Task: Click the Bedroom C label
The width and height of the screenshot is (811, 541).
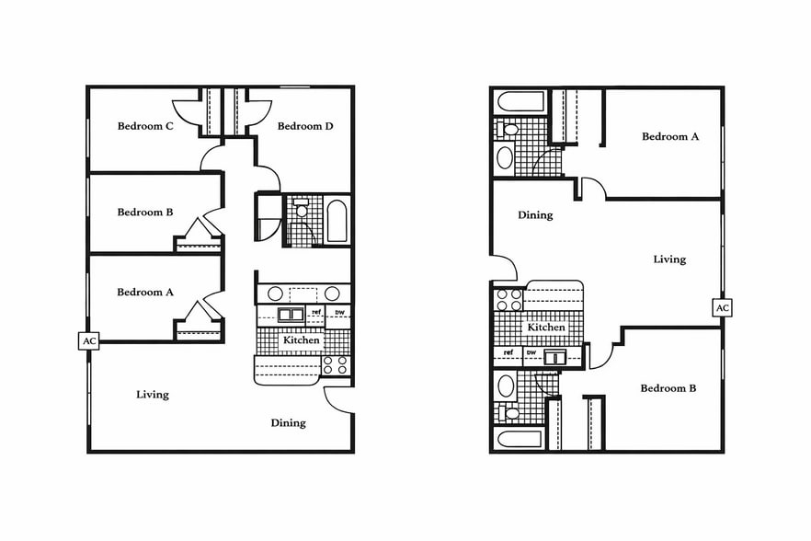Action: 145,126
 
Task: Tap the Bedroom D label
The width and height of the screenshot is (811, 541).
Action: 304,126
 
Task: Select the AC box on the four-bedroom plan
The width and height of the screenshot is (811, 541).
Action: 89,341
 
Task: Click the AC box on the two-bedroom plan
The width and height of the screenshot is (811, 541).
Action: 723,307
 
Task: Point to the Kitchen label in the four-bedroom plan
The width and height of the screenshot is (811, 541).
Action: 302,340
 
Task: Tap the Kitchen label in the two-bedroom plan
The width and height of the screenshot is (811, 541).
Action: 546,328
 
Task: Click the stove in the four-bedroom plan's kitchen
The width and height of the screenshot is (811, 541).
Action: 335,364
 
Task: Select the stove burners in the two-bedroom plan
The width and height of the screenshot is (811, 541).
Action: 508,300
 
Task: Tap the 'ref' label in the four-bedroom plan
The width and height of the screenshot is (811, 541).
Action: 316,313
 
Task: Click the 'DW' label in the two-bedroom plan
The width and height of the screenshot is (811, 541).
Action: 531,352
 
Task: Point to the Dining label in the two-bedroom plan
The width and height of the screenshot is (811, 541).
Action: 535,215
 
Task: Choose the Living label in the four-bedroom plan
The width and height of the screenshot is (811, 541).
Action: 153,395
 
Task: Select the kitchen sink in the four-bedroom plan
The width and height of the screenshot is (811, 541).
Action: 291,315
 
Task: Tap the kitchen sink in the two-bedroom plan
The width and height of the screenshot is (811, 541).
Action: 556,358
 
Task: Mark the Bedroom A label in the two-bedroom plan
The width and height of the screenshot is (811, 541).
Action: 670,136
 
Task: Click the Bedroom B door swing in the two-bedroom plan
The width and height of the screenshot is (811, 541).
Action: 600,354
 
